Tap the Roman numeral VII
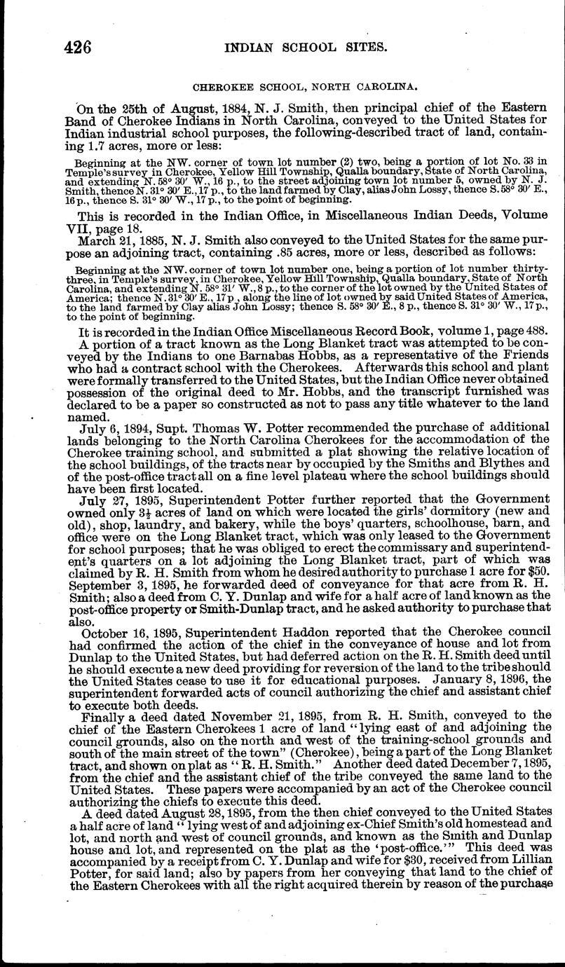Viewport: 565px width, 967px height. pos(87,228)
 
